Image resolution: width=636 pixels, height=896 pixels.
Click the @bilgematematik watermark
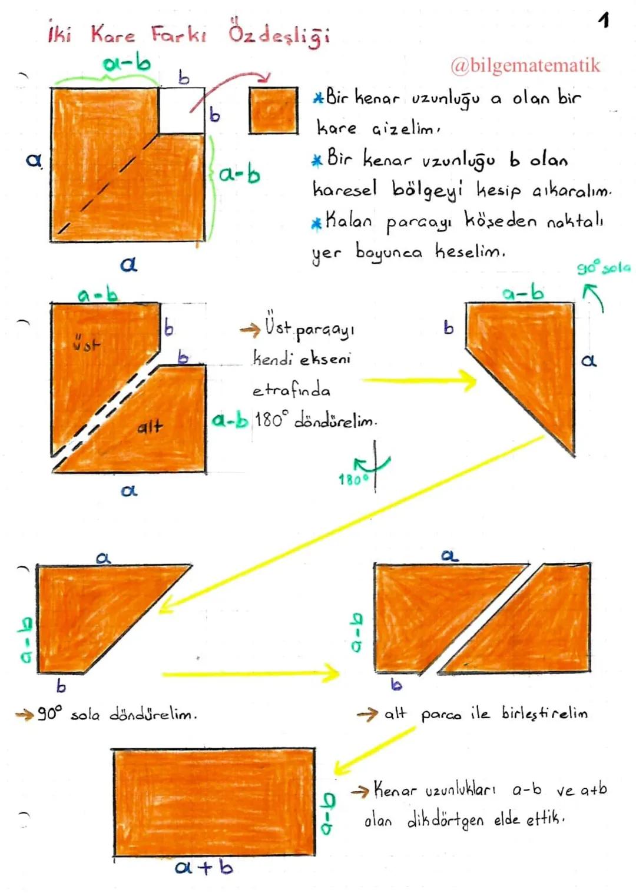(x=525, y=65)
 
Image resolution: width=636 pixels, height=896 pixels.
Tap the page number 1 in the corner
(x=604, y=21)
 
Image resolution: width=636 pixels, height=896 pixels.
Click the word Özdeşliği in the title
(x=279, y=34)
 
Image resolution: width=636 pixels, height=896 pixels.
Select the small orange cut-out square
(x=273, y=110)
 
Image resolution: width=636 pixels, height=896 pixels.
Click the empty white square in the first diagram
(x=181, y=110)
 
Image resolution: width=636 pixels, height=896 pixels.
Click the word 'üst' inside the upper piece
(x=87, y=343)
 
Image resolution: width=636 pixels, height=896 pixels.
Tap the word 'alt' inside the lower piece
(x=150, y=426)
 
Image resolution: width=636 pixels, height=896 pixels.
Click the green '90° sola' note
(x=603, y=268)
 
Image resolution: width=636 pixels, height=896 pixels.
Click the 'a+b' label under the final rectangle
(x=204, y=867)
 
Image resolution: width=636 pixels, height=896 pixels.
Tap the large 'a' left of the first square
(x=34, y=160)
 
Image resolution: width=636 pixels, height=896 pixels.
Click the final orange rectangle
(x=214, y=802)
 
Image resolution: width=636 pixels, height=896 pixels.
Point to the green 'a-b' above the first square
(x=126, y=63)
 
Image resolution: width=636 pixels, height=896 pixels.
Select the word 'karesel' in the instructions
(x=344, y=189)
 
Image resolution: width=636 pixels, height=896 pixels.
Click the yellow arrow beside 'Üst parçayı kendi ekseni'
(x=419, y=381)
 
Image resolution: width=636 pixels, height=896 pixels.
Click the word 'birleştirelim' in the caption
(x=544, y=713)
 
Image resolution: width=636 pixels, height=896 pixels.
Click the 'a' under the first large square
(x=128, y=264)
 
